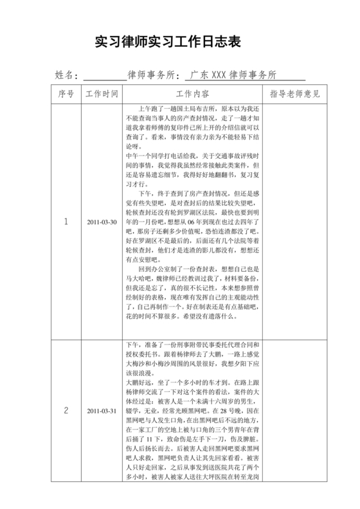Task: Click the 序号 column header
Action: coord(66,94)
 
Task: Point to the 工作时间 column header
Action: coord(102,94)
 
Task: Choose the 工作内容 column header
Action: coord(192,94)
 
